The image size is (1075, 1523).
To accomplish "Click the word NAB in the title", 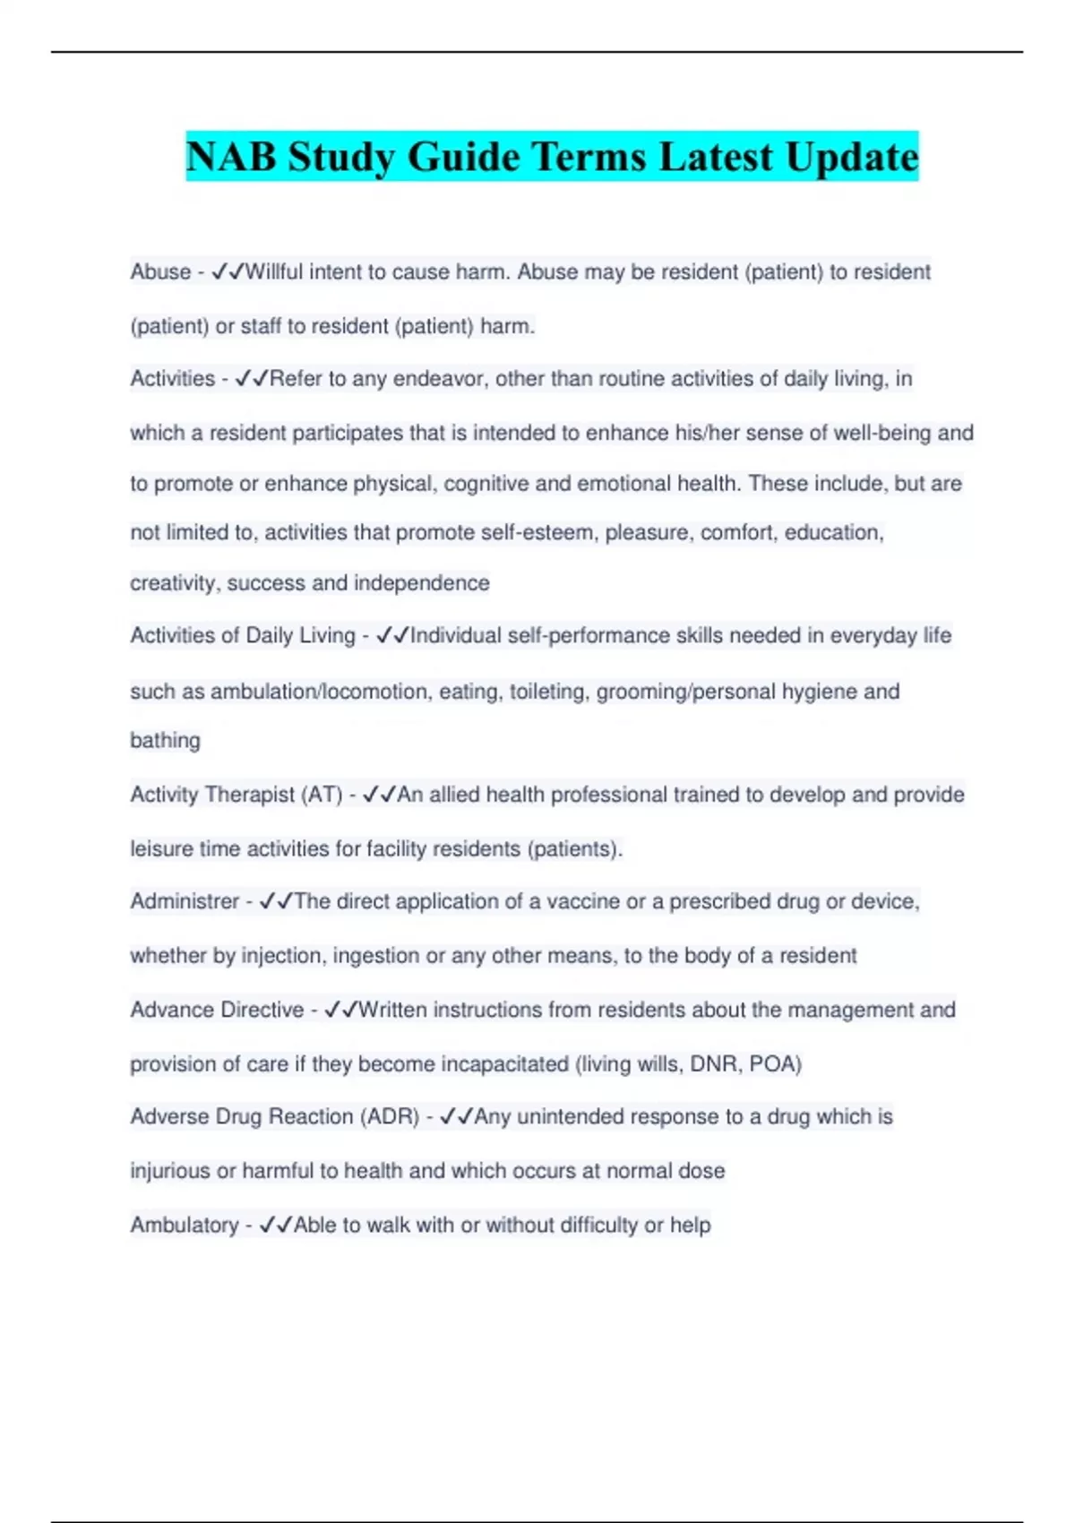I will pyautogui.click(x=230, y=157).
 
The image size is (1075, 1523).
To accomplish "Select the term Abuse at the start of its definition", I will pyautogui.click(x=160, y=271).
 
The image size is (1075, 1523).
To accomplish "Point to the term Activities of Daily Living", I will pyautogui.click(x=243, y=635).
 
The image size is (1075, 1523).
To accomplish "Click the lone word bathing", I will pyautogui.click(x=165, y=741).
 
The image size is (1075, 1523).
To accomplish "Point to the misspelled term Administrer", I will pyautogui.click(x=185, y=901).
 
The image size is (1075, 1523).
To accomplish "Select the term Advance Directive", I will pyautogui.click(x=217, y=1010).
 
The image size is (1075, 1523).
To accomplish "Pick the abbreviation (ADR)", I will pyautogui.click(x=390, y=1117).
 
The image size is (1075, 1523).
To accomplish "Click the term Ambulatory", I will pyautogui.click(x=185, y=1225).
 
